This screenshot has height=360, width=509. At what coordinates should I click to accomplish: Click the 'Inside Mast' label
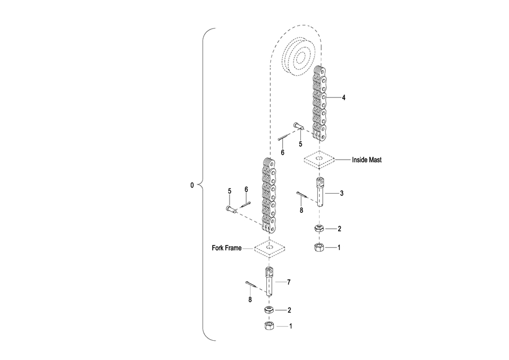tap(366, 160)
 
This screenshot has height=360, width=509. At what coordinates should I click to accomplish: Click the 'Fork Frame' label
tap(226, 248)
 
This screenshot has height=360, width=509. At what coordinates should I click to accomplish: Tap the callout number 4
tap(343, 98)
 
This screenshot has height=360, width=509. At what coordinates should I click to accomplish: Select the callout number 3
tap(342, 193)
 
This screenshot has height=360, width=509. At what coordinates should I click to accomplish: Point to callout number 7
tap(288, 281)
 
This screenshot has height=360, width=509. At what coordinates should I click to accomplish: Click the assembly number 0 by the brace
tap(193, 185)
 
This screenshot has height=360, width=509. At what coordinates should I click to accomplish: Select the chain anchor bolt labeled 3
tap(320, 193)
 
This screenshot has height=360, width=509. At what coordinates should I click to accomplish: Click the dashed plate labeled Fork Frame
tap(269, 248)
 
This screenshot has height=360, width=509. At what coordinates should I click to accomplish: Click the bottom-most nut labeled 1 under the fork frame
tap(268, 327)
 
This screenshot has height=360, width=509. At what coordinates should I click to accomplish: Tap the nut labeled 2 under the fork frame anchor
tap(268, 310)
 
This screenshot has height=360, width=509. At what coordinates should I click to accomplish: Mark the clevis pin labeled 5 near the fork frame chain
tap(231, 209)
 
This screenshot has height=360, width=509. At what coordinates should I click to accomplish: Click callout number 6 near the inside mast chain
tap(283, 153)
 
